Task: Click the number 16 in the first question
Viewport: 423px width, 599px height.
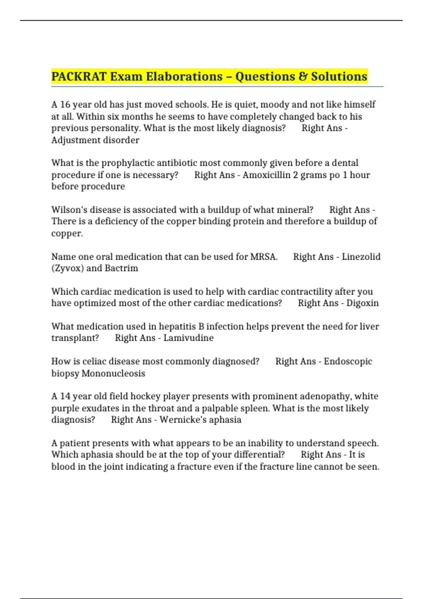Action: [x=65, y=105]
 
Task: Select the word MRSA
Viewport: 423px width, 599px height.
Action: [x=264, y=257]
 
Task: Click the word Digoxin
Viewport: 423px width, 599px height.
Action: [x=362, y=303]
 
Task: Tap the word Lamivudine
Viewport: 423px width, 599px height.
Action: [x=189, y=338]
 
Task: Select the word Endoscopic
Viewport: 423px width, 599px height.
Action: [x=348, y=362]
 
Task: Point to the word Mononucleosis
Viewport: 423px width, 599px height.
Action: [x=113, y=373]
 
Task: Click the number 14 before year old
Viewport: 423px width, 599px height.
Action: [x=65, y=396]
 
